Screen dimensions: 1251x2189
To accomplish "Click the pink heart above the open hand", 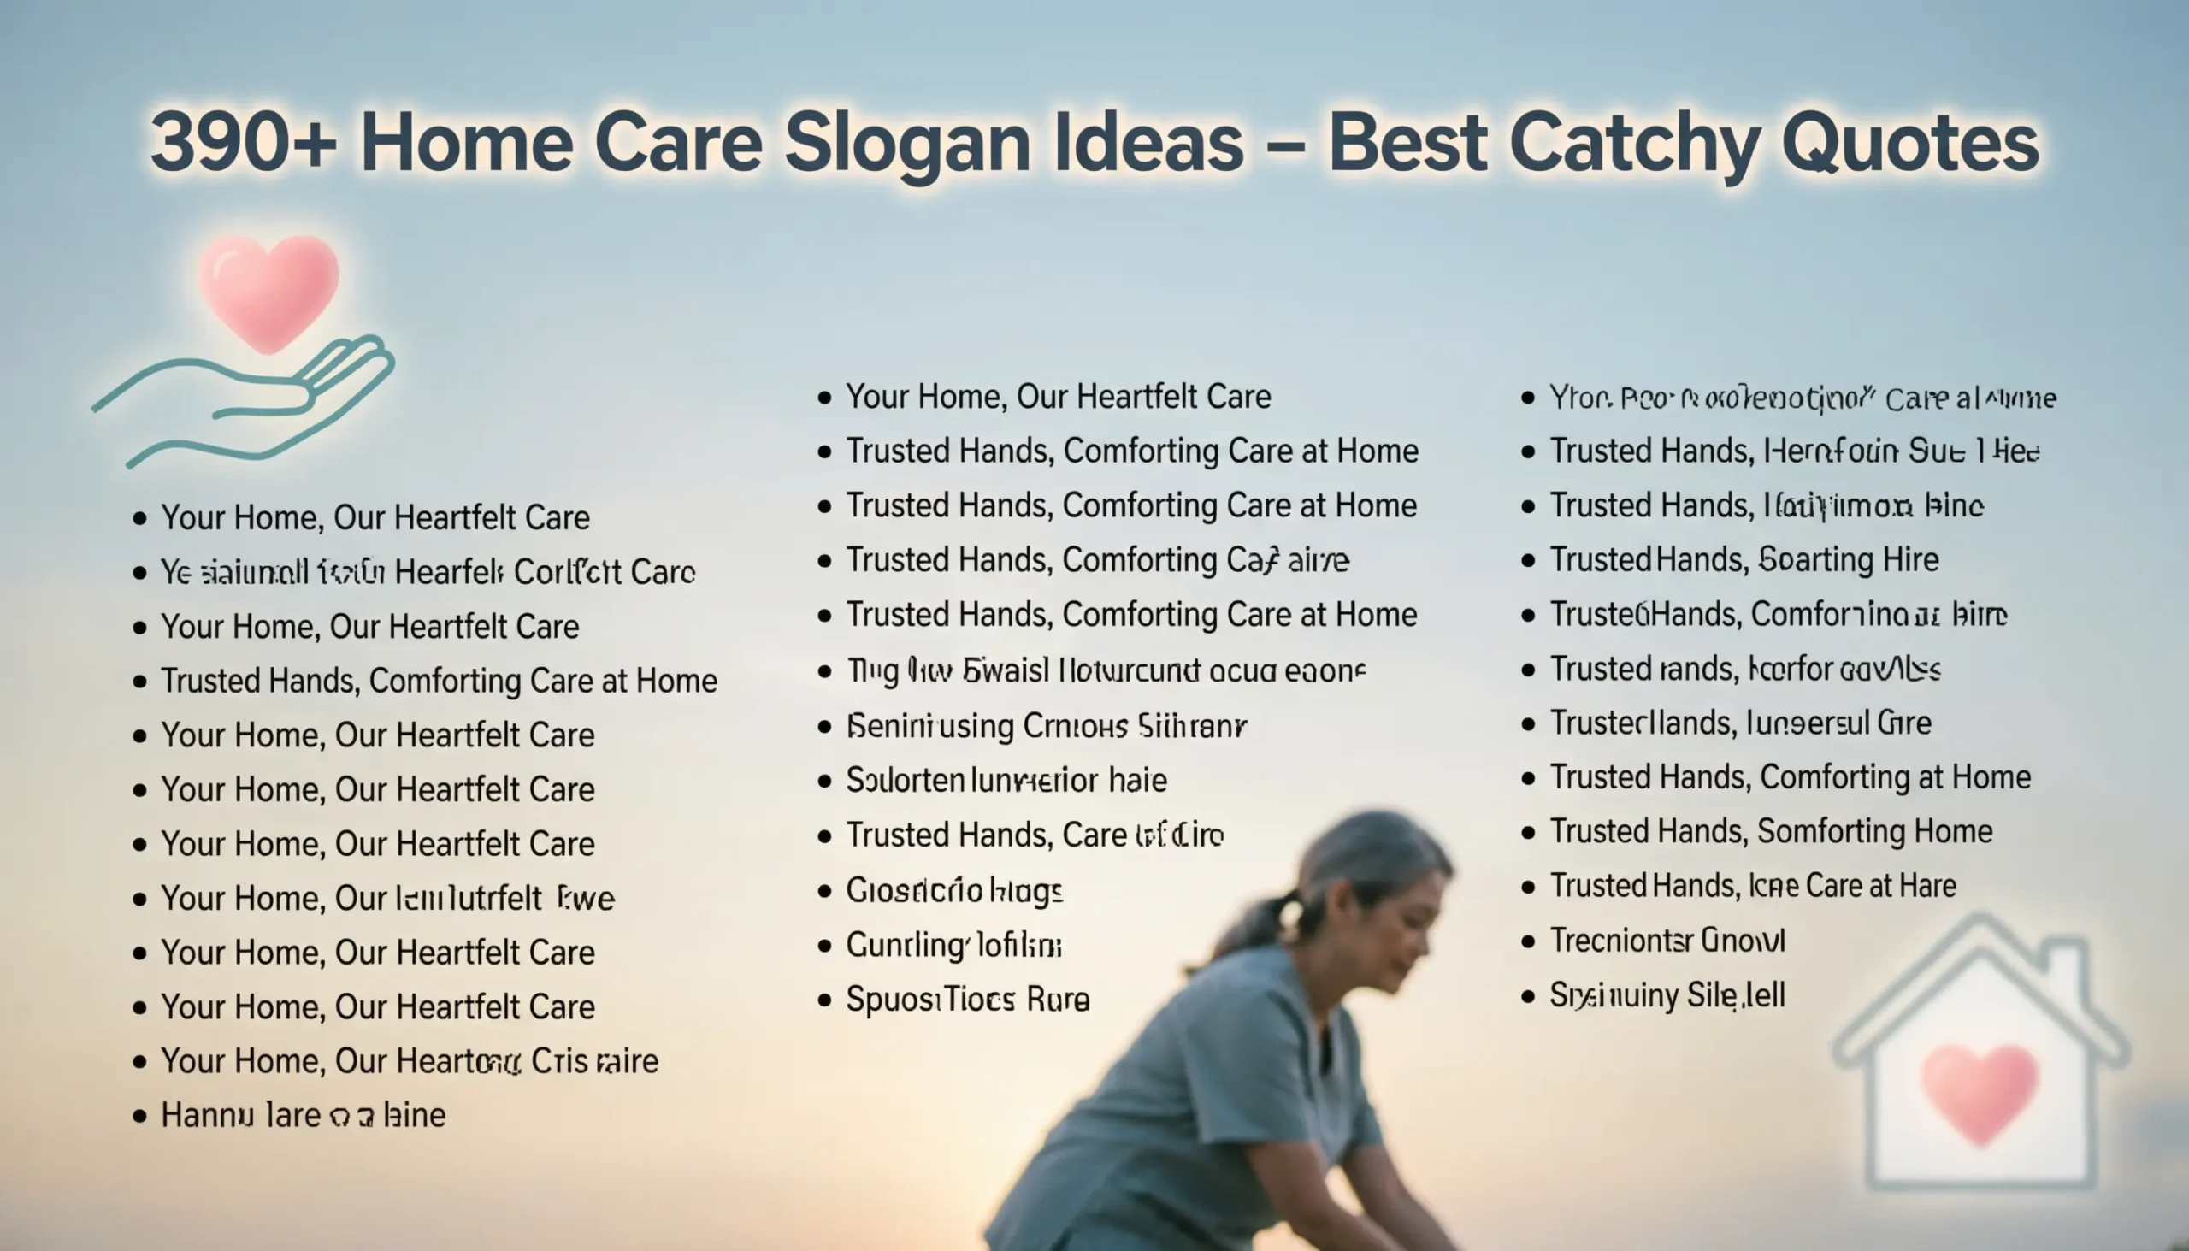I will coord(268,291).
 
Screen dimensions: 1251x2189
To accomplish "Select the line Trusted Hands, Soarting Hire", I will coord(1744,560).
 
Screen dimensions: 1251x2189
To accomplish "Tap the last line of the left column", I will coord(304,1115).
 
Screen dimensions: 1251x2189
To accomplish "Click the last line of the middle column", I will coord(967,1000).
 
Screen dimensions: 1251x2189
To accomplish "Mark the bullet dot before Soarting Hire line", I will coord(1527,561).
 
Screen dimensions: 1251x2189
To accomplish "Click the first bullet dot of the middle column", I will coord(825,398).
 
